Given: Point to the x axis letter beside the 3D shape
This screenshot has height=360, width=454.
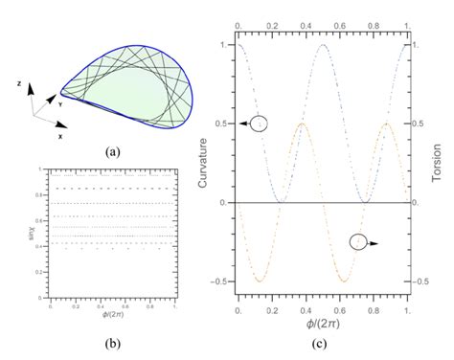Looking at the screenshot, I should click(x=59, y=136).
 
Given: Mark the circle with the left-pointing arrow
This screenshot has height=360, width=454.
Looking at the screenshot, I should click(x=258, y=123).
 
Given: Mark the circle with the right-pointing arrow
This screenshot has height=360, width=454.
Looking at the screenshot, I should click(x=359, y=242).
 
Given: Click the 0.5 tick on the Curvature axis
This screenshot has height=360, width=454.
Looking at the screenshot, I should click(x=223, y=124).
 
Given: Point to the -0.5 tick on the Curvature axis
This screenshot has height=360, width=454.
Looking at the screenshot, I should click(x=221, y=281).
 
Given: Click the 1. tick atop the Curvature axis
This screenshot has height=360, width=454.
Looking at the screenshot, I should click(x=226, y=45).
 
